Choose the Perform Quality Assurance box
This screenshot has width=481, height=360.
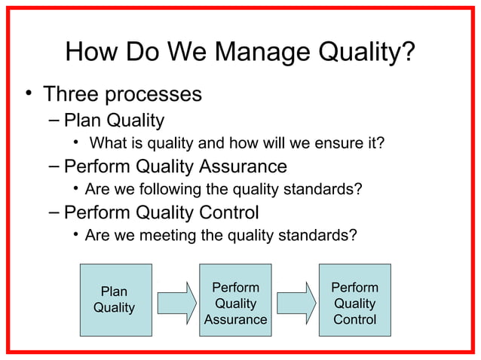235,299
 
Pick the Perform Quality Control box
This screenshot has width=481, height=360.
354,299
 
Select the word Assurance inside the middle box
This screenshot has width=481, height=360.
235,320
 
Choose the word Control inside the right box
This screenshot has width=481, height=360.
354,320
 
